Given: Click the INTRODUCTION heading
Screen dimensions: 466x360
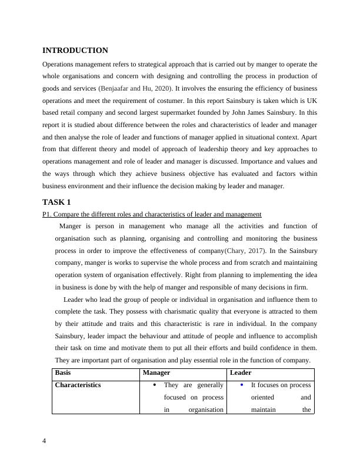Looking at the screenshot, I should point(75,51).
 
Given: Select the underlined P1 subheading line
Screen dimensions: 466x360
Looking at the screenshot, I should point(152,214).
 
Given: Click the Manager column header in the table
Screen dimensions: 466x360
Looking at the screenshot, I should point(156,373).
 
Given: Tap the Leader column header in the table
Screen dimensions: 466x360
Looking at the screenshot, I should point(240,373).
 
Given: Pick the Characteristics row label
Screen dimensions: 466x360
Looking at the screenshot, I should point(78,385).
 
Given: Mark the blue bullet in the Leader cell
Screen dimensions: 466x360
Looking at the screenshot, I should point(242,385).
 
